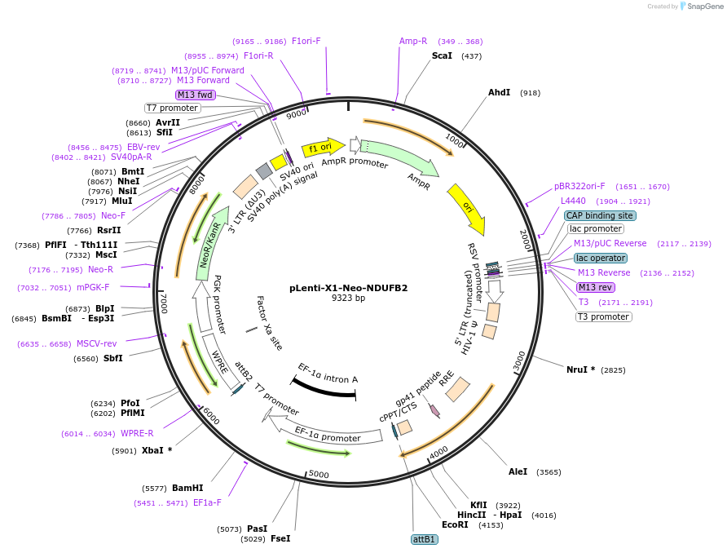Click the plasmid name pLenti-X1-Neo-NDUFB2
click(349, 288)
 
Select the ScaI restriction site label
click(441, 55)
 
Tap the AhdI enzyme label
click(499, 92)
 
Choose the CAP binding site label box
click(599, 215)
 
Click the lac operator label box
click(600, 258)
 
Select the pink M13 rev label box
click(595, 287)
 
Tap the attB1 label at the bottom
click(425, 539)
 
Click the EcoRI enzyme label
click(455, 524)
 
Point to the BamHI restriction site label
click(187, 488)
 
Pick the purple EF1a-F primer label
click(207, 502)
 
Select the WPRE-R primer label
click(137, 434)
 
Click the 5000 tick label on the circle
click(319, 474)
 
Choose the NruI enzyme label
click(580, 369)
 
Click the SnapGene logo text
click(703, 6)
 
